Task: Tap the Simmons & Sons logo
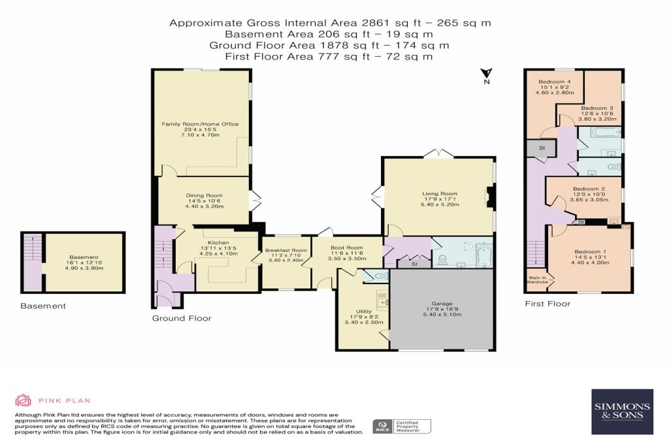[622, 411]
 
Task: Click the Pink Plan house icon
[23, 400]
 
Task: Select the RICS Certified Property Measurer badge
[402, 426]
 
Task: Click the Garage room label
[442, 304]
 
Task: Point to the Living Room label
[440, 193]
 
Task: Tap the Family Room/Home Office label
[200, 124]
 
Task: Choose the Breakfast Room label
[286, 250]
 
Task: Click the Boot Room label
[347, 247]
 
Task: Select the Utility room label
[364, 311]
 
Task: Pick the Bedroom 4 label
[555, 82]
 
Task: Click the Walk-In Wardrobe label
[538, 279]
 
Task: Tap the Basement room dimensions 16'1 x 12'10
[84, 263]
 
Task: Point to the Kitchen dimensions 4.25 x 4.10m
[218, 254]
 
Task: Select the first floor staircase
[536, 255]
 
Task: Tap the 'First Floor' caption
[547, 304]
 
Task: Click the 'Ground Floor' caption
[182, 319]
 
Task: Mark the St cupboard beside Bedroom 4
[542, 148]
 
